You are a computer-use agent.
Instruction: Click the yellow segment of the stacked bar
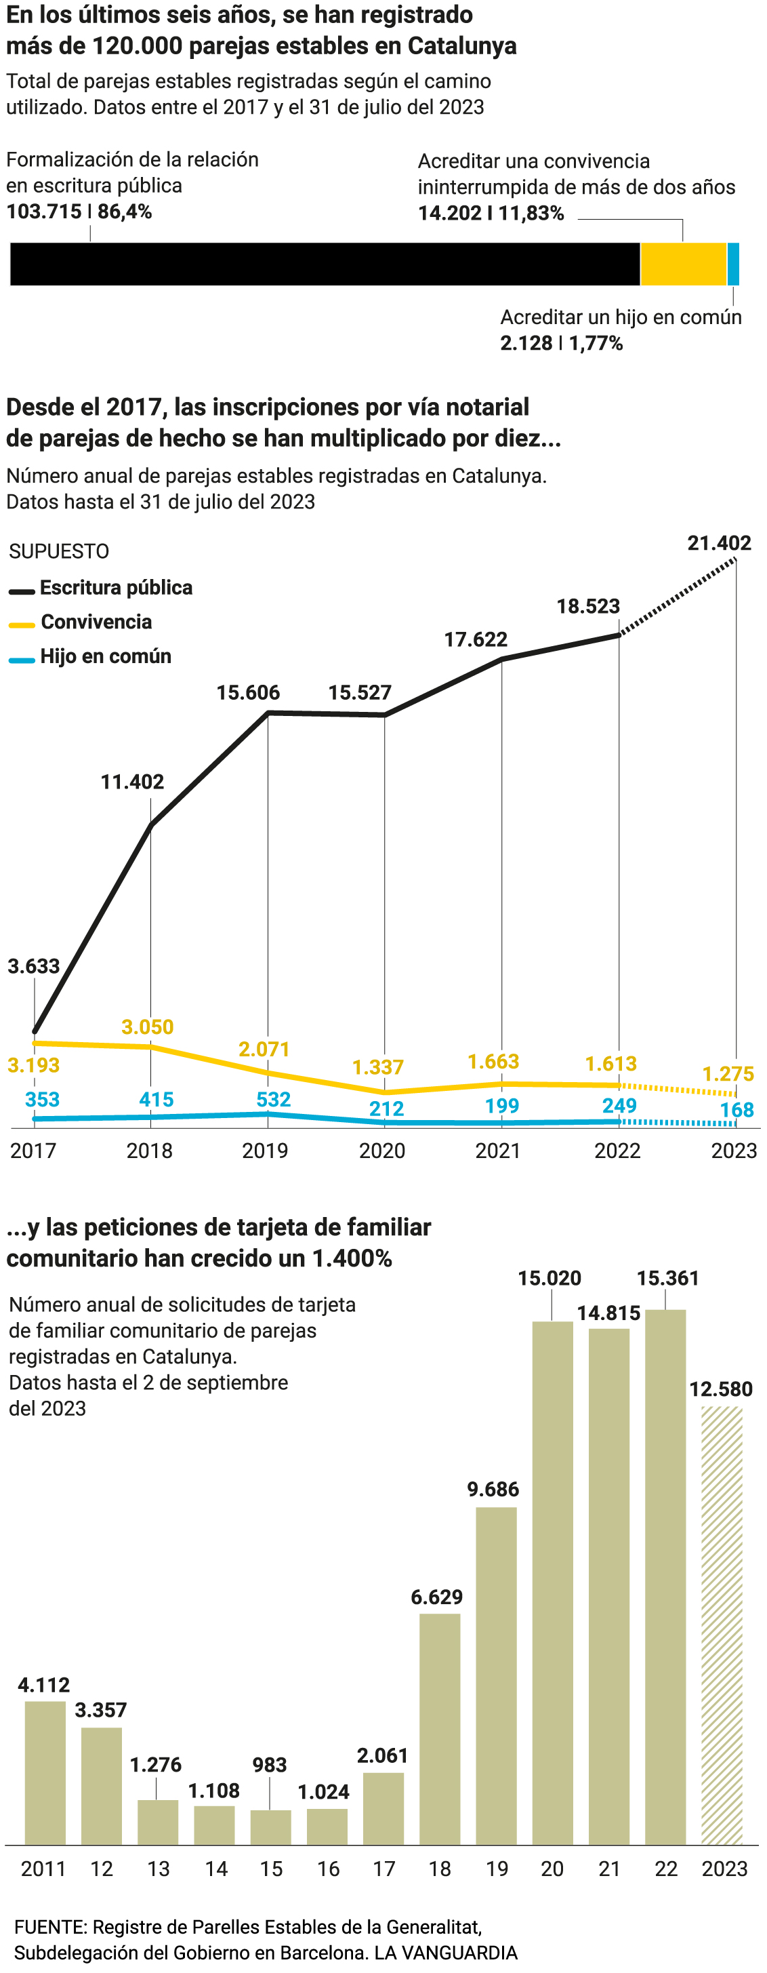(683, 264)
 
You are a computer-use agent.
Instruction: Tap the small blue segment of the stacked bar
(732, 264)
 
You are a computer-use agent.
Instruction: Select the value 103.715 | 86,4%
(79, 212)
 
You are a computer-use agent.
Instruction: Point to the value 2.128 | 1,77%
(561, 343)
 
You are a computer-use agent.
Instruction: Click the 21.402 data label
(719, 543)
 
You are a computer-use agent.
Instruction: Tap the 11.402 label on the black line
(132, 782)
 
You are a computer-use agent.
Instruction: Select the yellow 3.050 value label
(148, 1027)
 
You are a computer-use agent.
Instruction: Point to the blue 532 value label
(273, 1100)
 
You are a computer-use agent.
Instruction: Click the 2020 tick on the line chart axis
(382, 1151)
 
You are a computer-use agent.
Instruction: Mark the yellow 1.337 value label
(377, 1068)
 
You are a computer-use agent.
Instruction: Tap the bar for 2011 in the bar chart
(45, 1773)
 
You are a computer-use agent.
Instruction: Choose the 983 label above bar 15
(270, 1765)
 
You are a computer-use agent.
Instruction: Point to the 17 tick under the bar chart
(383, 1869)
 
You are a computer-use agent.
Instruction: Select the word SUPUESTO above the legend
(59, 551)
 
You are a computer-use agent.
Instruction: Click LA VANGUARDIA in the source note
(446, 1952)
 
